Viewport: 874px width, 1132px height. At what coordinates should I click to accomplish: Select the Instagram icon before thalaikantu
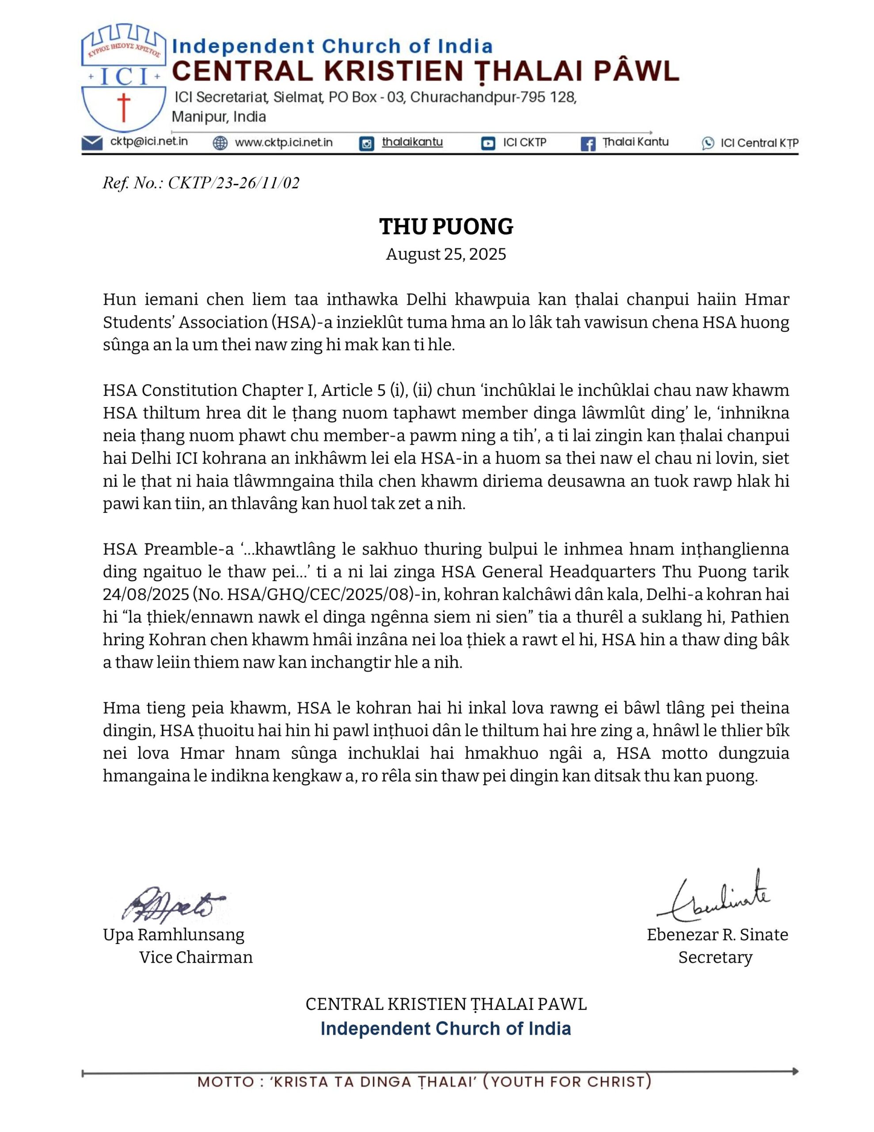click(x=366, y=144)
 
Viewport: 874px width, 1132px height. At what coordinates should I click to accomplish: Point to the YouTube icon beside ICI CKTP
click(x=488, y=143)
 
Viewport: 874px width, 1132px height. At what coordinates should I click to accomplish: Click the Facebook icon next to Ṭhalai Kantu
click(x=588, y=144)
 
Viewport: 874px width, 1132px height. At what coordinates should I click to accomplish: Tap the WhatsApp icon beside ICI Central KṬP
click(x=708, y=144)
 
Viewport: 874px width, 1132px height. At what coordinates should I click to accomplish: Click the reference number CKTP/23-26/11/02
click(x=234, y=183)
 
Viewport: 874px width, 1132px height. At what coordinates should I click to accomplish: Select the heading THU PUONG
click(x=446, y=226)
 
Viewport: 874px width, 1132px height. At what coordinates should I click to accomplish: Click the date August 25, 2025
click(x=446, y=254)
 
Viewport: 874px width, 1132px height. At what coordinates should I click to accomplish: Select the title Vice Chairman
click(x=196, y=957)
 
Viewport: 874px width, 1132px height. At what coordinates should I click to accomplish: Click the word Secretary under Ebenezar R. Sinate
click(x=715, y=957)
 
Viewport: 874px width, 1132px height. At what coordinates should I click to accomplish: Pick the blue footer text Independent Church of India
click(x=445, y=1029)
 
